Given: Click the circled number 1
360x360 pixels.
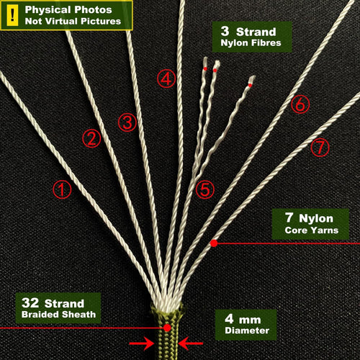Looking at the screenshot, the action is pyautogui.click(x=62, y=189).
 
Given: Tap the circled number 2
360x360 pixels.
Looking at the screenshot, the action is pyautogui.click(x=91, y=138).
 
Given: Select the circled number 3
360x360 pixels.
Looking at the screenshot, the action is pyautogui.click(x=127, y=122).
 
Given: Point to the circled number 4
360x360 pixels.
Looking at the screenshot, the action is pyautogui.click(x=166, y=78).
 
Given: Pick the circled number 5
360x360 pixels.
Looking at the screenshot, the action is pyautogui.click(x=205, y=189).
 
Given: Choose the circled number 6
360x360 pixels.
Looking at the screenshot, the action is pyautogui.click(x=300, y=104).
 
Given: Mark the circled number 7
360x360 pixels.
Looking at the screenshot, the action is pyautogui.click(x=320, y=147).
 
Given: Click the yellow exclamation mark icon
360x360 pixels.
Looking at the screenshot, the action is pyautogui.click(x=12, y=16).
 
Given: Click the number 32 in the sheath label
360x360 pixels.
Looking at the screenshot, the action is pyautogui.click(x=30, y=302).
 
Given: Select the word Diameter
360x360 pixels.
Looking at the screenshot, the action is pyautogui.click(x=247, y=330).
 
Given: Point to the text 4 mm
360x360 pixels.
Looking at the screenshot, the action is pyautogui.click(x=243, y=319).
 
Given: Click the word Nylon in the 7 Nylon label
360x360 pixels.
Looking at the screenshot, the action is pyautogui.click(x=316, y=218).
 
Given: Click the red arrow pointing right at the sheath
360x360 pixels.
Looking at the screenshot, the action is pyautogui.click(x=141, y=343).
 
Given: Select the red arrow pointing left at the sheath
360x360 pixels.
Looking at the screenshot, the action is pyautogui.click(x=191, y=343).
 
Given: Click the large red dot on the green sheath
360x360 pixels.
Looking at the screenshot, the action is pyautogui.click(x=167, y=328).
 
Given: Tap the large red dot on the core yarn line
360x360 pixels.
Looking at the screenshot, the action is pyautogui.click(x=214, y=243).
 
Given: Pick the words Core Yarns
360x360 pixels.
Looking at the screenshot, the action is pyautogui.click(x=312, y=230).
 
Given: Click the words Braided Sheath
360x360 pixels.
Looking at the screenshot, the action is pyautogui.click(x=58, y=315).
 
